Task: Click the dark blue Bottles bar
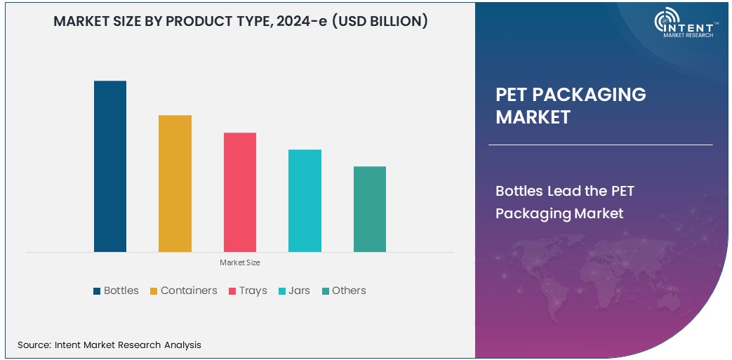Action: pos(110,166)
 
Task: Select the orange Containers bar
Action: pos(175,183)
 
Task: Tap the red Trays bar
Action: pos(240,192)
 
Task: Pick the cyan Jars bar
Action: pos(305,201)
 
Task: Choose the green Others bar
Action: pos(370,209)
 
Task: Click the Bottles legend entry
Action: pos(116,291)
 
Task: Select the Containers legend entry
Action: pos(183,291)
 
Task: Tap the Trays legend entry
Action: pos(248,291)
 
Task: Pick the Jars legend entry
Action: pos(294,291)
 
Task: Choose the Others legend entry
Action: pos(344,291)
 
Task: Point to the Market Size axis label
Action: pos(240,262)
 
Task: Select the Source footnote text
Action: pos(109,345)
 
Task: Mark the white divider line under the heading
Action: pos(600,145)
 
